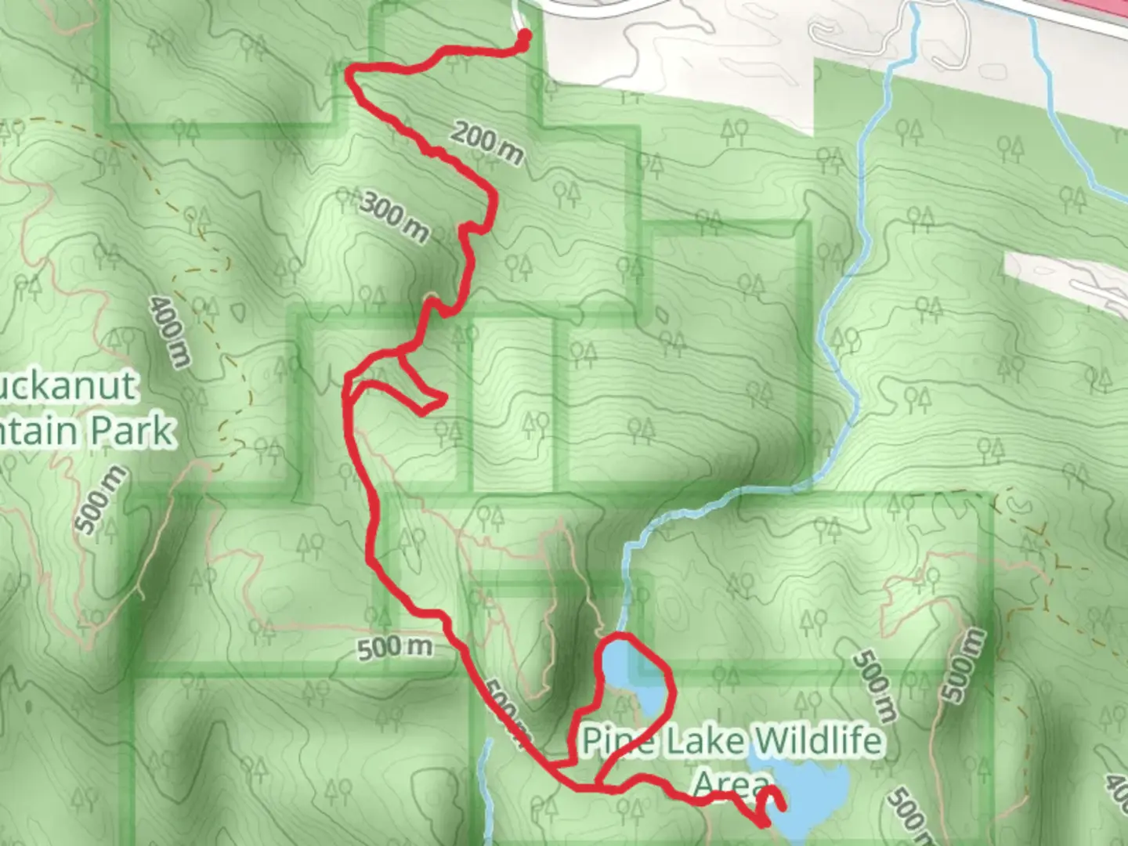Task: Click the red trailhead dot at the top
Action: pos(523,36)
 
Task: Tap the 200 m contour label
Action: pos(486,143)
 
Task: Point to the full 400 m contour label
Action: pos(169,331)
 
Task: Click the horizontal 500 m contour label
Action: pos(395,648)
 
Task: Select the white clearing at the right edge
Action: pos(1065,278)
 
